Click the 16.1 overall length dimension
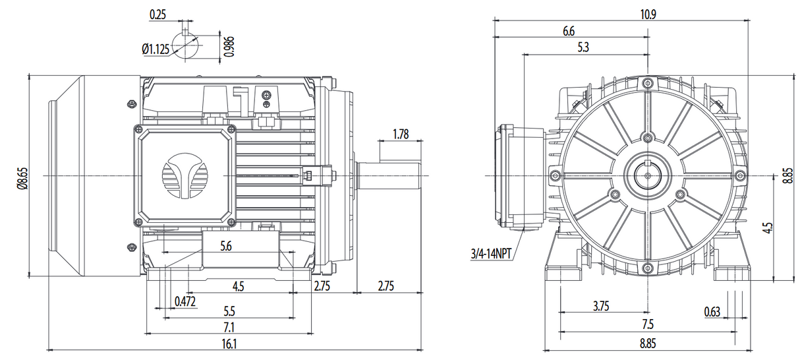point(229,343)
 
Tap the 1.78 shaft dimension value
point(400,135)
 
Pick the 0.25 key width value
point(157,14)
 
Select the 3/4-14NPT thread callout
point(491,253)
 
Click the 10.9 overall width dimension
point(648,14)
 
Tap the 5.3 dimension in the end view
point(583,47)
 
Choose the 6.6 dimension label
point(569,31)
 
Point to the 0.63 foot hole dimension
point(712,311)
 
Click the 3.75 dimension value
point(600,306)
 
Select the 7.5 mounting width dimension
point(647,324)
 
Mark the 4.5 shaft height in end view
point(767,228)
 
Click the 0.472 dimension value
point(185,301)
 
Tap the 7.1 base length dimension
point(229,326)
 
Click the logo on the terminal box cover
point(185,176)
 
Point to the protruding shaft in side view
point(389,176)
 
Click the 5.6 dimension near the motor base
point(226,246)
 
